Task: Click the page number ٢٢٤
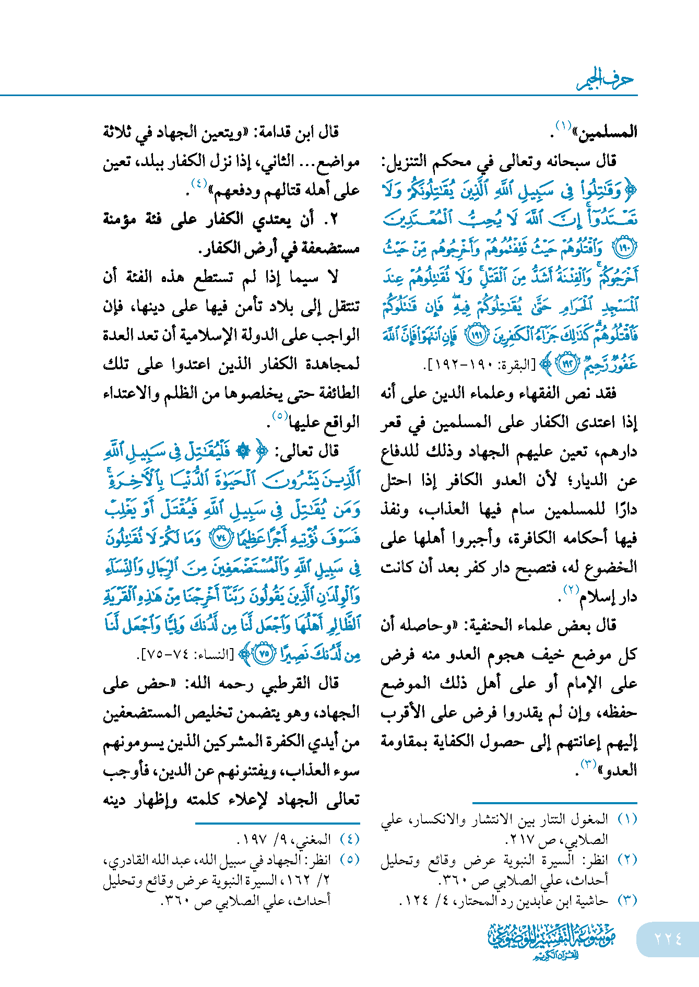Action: (x=668, y=939)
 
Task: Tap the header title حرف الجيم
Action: (x=606, y=80)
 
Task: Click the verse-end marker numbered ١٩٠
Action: (x=625, y=248)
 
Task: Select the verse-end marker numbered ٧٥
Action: (x=265, y=654)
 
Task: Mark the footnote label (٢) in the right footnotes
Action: (x=627, y=860)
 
